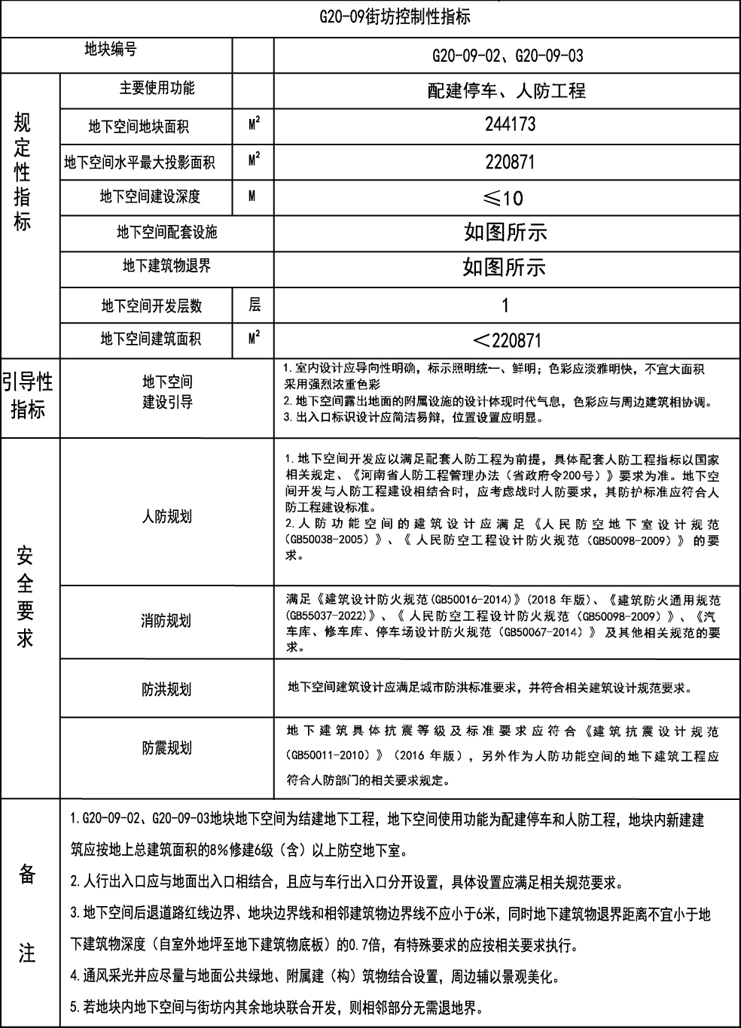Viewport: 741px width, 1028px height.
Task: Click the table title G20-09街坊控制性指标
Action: (395, 17)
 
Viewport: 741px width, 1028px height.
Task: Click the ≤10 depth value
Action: (503, 198)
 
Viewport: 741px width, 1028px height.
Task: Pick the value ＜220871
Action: (505, 340)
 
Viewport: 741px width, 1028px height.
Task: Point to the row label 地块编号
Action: (110, 50)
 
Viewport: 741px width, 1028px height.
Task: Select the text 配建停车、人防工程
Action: (506, 92)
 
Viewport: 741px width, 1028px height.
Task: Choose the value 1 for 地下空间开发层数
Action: (505, 306)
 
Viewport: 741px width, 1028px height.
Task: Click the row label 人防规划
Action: (167, 517)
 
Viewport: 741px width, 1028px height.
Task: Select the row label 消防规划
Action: (166, 621)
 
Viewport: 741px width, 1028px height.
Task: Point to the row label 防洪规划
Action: (166, 689)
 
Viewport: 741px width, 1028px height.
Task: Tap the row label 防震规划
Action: (167, 748)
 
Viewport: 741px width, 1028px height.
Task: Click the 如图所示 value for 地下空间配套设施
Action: (505, 233)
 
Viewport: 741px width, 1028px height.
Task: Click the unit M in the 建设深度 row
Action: (252, 196)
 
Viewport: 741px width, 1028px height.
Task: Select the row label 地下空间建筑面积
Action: (151, 339)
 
